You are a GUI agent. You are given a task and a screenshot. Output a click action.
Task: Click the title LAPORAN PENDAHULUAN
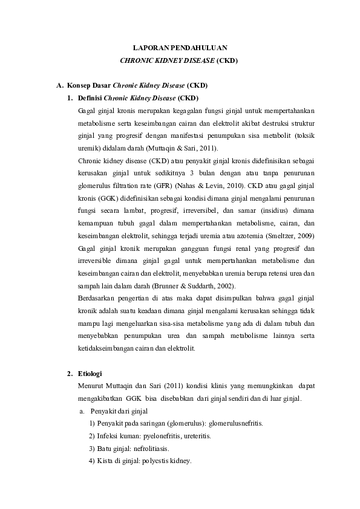coord(180,47)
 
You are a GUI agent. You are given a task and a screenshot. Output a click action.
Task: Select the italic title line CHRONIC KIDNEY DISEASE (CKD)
coord(180,60)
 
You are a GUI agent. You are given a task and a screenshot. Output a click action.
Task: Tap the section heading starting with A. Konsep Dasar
coord(132,86)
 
